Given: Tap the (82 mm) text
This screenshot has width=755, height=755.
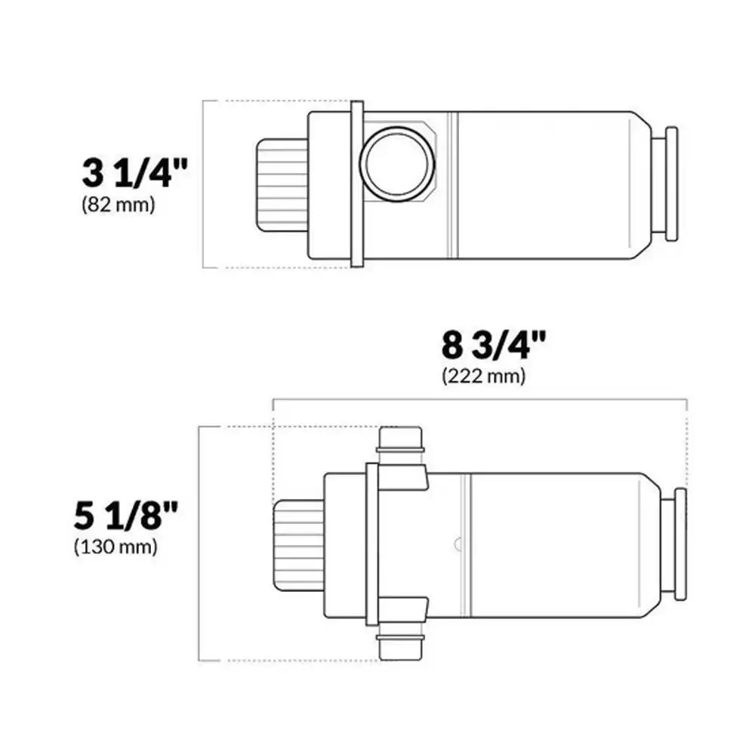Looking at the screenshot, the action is tap(119, 205).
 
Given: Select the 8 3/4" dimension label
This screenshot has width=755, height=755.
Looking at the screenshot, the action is tap(494, 345).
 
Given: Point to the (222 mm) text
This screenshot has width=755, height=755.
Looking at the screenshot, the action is tap(483, 375).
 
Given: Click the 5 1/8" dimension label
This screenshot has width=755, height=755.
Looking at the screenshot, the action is tap(125, 515).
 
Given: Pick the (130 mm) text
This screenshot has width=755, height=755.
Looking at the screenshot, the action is tap(116, 547).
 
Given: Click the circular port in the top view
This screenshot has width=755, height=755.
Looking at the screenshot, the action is tap(397, 164).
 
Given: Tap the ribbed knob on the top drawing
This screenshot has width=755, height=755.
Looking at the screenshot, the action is tap(282, 185).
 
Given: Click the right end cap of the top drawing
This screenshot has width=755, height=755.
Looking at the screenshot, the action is tap(671, 184).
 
